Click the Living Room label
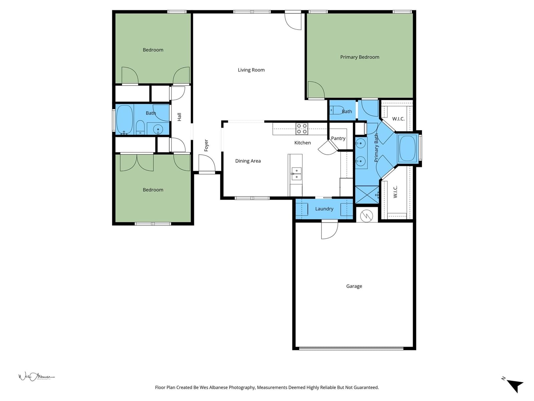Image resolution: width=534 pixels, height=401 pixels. pyautogui.click(x=251, y=70)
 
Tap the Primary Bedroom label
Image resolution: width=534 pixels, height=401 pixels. pyautogui.click(x=359, y=57)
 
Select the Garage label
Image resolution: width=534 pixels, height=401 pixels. pyautogui.click(x=354, y=286)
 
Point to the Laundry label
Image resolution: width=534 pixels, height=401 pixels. pyautogui.click(x=324, y=209)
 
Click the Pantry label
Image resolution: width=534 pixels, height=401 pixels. pyautogui.click(x=338, y=138)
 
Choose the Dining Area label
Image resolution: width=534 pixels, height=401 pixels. pyautogui.click(x=248, y=161)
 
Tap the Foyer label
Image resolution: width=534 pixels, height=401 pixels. pyautogui.click(x=206, y=145)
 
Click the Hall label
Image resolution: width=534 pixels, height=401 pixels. pyautogui.click(x=179, y=117)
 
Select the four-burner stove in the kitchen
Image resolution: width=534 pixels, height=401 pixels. pyautogui.click(x=302, y=129)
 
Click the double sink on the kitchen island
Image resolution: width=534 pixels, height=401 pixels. pyautogui.click(x=296, y=173)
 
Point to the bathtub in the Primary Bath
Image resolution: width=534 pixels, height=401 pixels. pyautogui.click(x=407, y=148)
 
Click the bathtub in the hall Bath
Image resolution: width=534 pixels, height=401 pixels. pyautogui.click(x=124, y=119)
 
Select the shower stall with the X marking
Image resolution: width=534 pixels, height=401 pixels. pyautogui.click(x=367, y=195)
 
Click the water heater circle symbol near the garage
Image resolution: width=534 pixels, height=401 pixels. pyautogui.click(x=366, y=216)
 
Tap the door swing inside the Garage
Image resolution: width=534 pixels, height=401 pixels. pyautogui.click(x=330, y=229)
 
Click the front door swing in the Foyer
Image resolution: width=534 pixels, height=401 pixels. pyautogui.click(x=207, y=163)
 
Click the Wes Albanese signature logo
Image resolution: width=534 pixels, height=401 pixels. pyautogui.click(x=36, y=377)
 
